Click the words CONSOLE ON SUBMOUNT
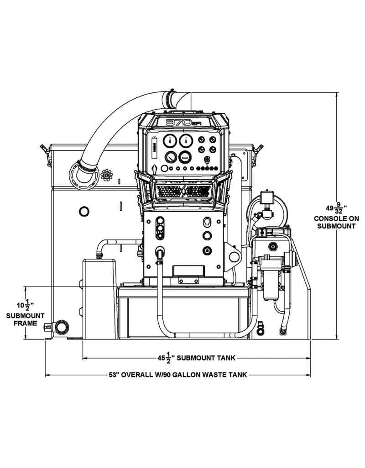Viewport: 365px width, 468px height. [x=334, y=222]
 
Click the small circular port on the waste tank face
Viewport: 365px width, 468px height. [x=84, y=211]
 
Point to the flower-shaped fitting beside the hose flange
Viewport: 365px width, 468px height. [x=107, y=174]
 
